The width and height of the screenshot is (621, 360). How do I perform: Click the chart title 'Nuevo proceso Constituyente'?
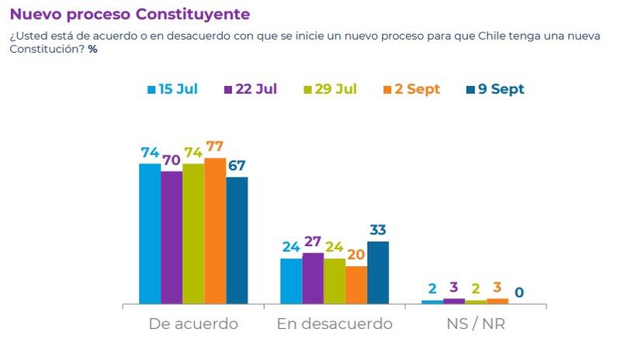click(130, 15)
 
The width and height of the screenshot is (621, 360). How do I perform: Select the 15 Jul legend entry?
click(172, 89)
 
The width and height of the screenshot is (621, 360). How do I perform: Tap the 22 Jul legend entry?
click(251, 89)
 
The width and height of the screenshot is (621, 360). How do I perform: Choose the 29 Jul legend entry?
click(330, 89)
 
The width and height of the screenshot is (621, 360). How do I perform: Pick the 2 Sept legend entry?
click(411, 89)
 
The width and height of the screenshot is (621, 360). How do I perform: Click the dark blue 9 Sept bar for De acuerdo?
click(237, 241)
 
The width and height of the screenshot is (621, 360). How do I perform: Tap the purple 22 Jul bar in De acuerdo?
click(172, 237)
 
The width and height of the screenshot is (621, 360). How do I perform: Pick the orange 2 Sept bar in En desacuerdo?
click(356, 285)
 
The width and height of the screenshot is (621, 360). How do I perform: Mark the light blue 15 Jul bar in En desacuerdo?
click(291, 280)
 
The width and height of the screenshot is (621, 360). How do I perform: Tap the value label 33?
click(378, 230)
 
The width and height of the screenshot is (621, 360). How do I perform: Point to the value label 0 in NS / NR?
click(519, 293)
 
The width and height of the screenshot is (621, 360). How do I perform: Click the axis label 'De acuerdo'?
click(193, 324)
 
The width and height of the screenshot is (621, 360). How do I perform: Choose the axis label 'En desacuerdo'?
click(335, 324)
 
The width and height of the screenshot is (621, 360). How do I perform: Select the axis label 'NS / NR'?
click(476, 324)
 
